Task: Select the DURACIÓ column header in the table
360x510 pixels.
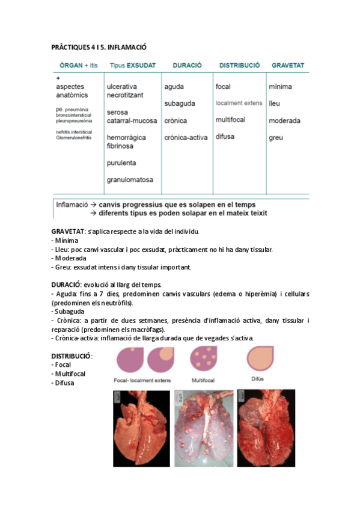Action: [x=187, y=65]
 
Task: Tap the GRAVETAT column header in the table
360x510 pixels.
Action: [x=287, y=65]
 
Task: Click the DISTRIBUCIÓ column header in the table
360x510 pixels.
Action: [x=239, y=65]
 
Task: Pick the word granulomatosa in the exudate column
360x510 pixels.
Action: [x=130, y=179]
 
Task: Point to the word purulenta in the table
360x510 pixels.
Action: [x=121, y=162]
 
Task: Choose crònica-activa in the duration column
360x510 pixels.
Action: [x=186, y=137]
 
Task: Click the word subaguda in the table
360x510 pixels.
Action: [x=179, y=103]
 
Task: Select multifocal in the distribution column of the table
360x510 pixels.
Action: [x=230, y=119]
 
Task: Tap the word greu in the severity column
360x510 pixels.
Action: [x=276, y=137]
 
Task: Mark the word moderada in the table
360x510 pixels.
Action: [x=284, y=120]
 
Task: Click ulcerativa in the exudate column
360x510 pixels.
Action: [x=122, y=87]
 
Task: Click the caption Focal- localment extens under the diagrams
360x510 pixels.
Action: [x=142, y=380]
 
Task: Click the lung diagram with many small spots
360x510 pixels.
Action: [x=204, y=360]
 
